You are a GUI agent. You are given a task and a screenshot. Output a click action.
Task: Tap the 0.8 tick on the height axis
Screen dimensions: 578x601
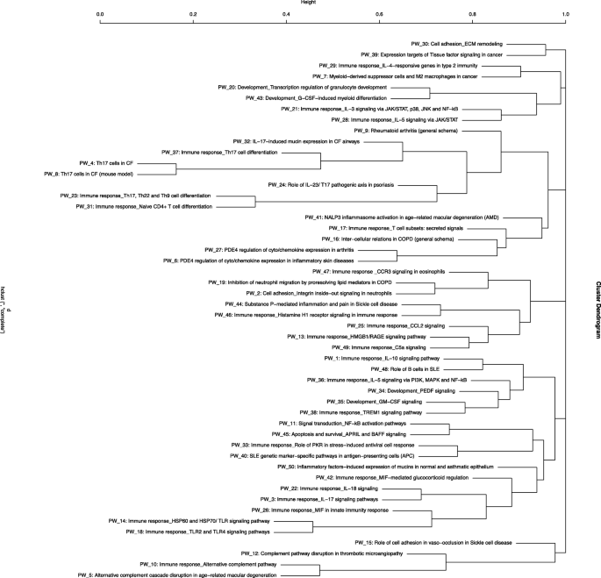[473, 15]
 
